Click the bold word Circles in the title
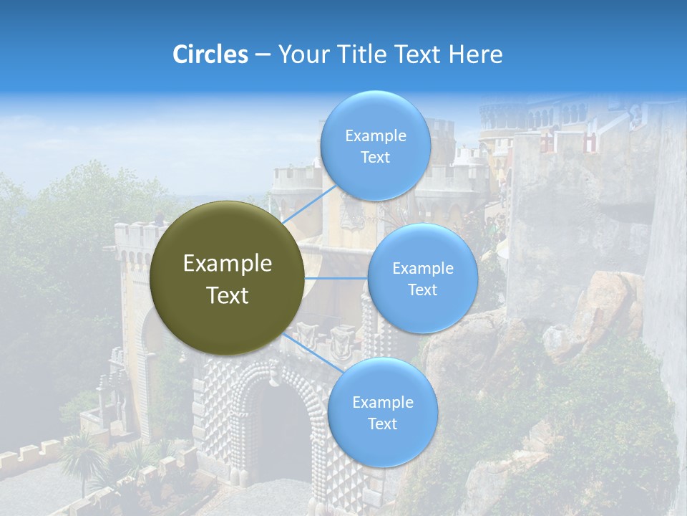210,54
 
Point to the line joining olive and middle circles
336,278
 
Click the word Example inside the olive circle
228,264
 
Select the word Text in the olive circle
228,295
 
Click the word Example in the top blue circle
375,135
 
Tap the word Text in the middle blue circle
422,290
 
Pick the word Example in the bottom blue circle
382,402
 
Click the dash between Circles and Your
263,55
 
